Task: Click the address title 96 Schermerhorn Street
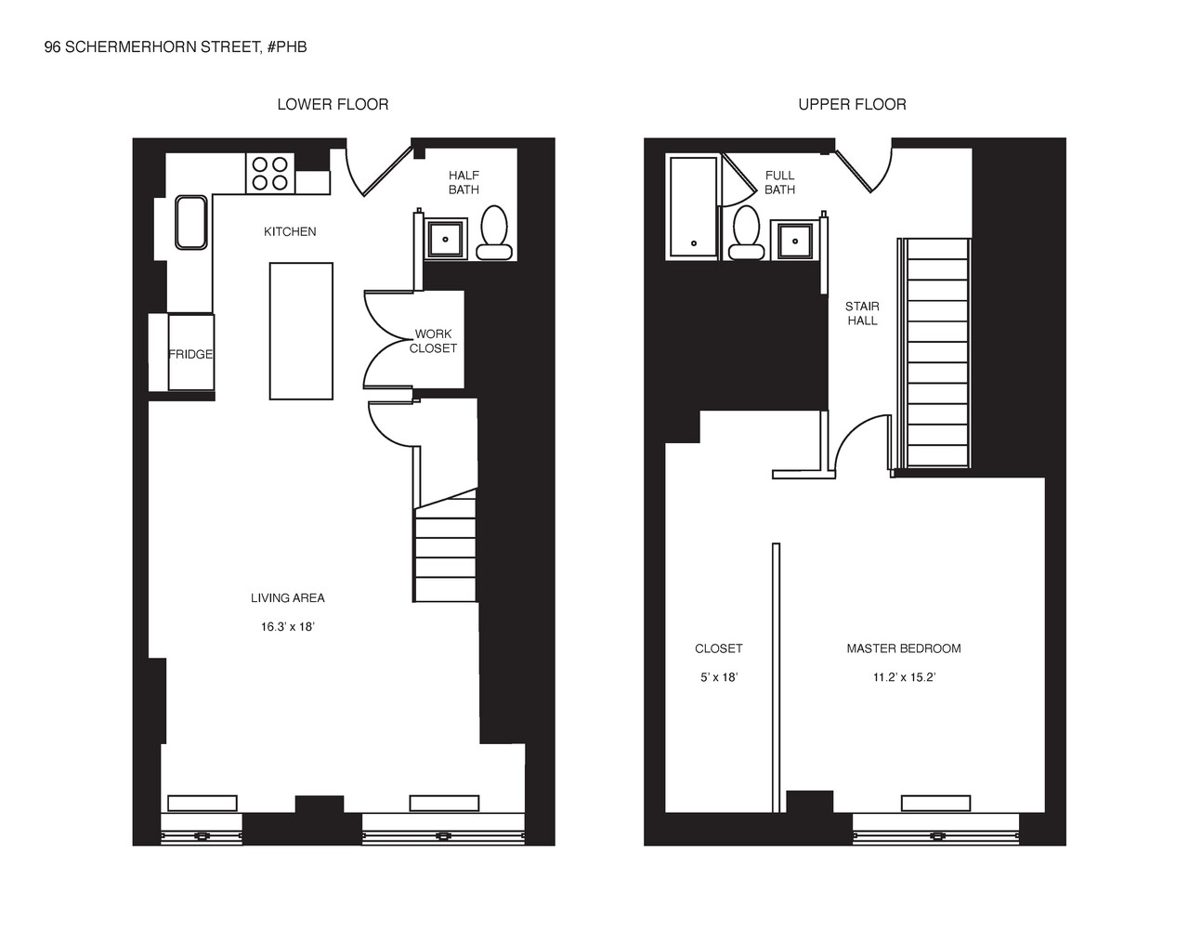point(175,46)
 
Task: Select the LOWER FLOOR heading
point(333,104)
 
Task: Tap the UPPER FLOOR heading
point(852,104)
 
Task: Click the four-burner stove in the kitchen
point(270,174)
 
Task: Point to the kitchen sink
point(191,222)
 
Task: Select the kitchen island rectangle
point(301,331)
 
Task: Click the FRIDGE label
point(190,354)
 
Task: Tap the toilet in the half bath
point(493,231)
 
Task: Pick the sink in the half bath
point(446,239)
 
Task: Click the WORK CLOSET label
point(433,341)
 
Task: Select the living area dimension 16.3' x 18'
point(288,627)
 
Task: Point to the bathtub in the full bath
point(693,206)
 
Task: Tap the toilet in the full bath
point(746,232)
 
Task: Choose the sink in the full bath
point(794,240)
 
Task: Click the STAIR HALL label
point(862,313)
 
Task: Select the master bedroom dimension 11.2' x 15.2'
point(903,677)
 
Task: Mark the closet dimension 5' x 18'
point(718,677)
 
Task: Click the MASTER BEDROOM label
point(903,648)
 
